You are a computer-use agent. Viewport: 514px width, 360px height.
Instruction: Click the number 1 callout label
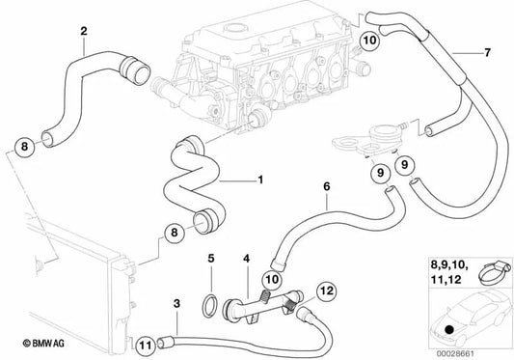(x=258, y=180)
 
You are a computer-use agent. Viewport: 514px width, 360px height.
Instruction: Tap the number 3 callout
(x=177, y=305)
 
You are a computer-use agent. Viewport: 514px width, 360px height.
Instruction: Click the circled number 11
(x=145, y=342)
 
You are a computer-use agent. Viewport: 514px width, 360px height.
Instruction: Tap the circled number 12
(x=325, y=290)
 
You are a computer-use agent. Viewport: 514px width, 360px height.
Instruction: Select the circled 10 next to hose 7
(x=369, y=41)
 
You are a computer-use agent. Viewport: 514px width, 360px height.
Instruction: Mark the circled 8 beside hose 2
(x=24, y=148)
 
